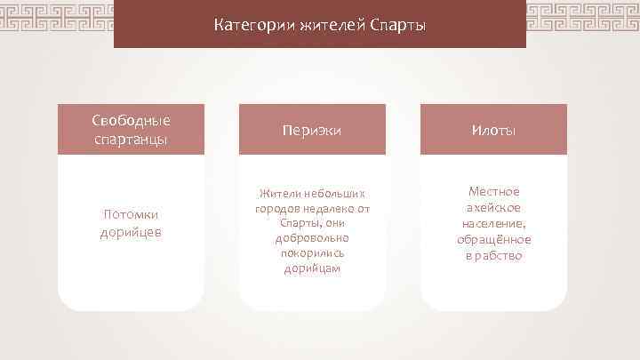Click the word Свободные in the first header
click(131, 121)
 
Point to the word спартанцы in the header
click(131, 139)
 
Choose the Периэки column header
click(312, 130)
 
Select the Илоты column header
click(493, 130)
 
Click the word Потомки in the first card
click(131, 215)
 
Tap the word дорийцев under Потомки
click(131, 232)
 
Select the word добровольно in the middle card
click(312, 238)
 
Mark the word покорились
click(312, 253)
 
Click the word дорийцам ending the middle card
click(312, 268)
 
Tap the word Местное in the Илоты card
click(493, 192)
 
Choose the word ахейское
click(493, 208)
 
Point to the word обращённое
click(493, 240)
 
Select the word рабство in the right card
click(500, 256)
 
